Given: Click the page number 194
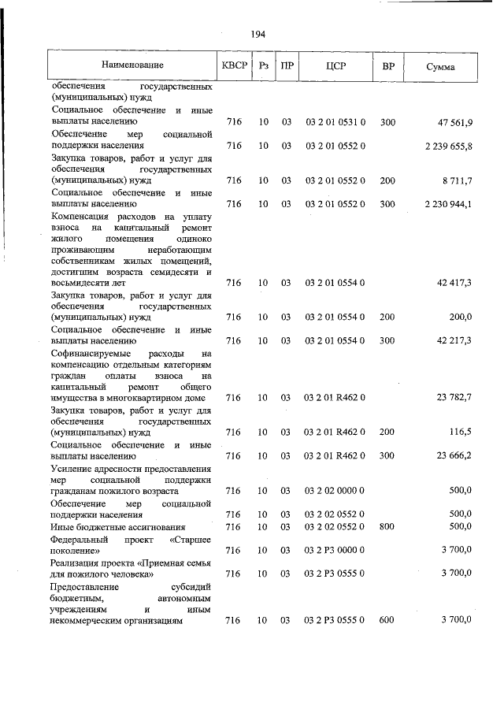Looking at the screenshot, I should [258, 34].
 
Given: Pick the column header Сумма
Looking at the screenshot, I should [440, 67].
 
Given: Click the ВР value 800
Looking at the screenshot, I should [387, 526].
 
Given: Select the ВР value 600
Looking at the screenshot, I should [387, 621].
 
